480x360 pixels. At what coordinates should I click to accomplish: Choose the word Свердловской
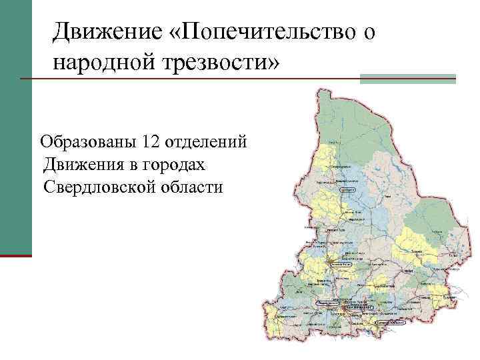click(x=99, y=186)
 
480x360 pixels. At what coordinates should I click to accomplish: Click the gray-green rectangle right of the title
click(x=407, y=79)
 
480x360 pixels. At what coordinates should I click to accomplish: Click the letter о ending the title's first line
click(x=369, y=30)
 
